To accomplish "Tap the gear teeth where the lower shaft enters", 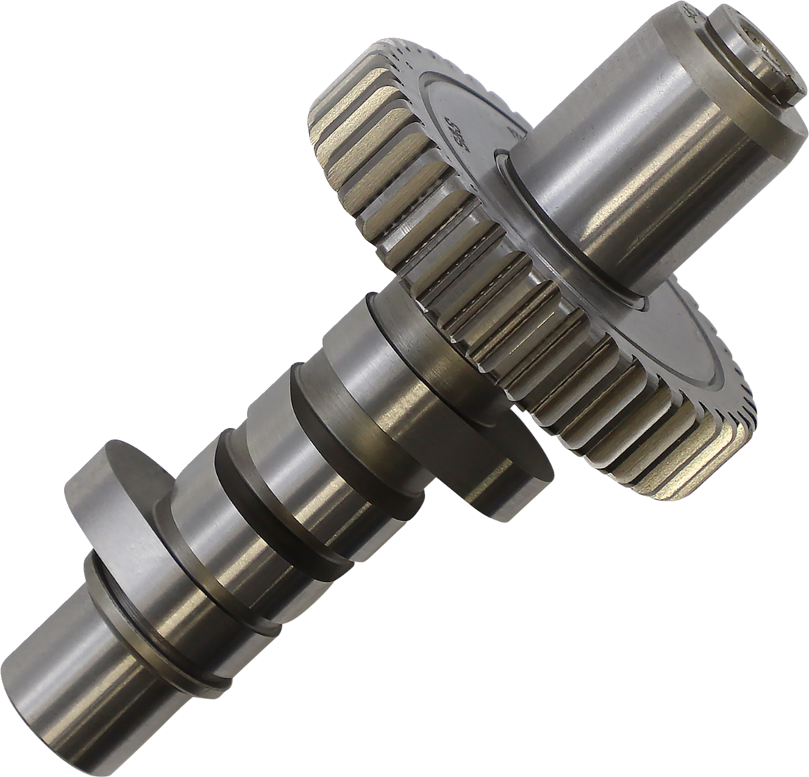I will tap(434, 294).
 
